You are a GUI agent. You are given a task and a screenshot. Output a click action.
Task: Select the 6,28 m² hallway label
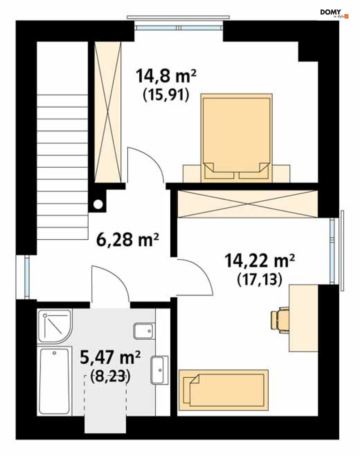[x=127, y=240]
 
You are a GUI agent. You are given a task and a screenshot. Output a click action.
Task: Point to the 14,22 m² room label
[x=259, y=261]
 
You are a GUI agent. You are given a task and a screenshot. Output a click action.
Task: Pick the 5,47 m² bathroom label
[x=110, y=357]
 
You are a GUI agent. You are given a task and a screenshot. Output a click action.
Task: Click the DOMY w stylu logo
[x=334, y=13]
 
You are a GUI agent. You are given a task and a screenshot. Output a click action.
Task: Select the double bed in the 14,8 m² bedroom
[x=236, y=138]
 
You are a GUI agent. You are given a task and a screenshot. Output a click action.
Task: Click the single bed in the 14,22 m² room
[x=224, y=390]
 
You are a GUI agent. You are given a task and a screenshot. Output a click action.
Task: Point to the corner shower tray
[x=55, y=326]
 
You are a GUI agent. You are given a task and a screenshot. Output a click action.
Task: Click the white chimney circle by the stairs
[x=98, y=205]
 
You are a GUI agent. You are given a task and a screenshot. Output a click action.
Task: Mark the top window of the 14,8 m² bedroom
[x=179, y=28]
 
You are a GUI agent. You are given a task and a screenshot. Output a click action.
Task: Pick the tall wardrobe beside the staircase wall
[x=107, y=112]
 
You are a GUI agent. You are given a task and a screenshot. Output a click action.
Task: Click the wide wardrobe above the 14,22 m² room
[x=247, y=204]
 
